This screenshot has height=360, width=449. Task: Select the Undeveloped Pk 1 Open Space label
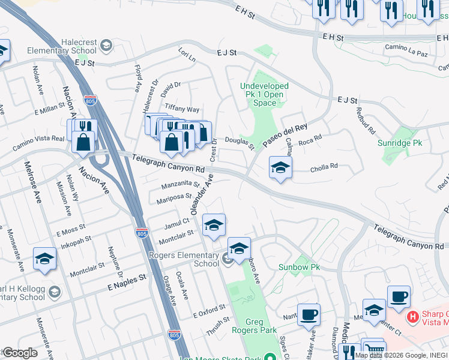(264, 94)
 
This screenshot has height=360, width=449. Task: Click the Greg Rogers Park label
(255, 326)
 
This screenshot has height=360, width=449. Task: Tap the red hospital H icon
(412, 316)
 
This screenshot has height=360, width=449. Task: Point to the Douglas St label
(240, 142)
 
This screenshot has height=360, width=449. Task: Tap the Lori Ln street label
(187, 57)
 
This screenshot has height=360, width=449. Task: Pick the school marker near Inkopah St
(44, 259)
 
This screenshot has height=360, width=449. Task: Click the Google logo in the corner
(19, 353)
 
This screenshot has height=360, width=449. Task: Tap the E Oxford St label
(209, 311)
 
